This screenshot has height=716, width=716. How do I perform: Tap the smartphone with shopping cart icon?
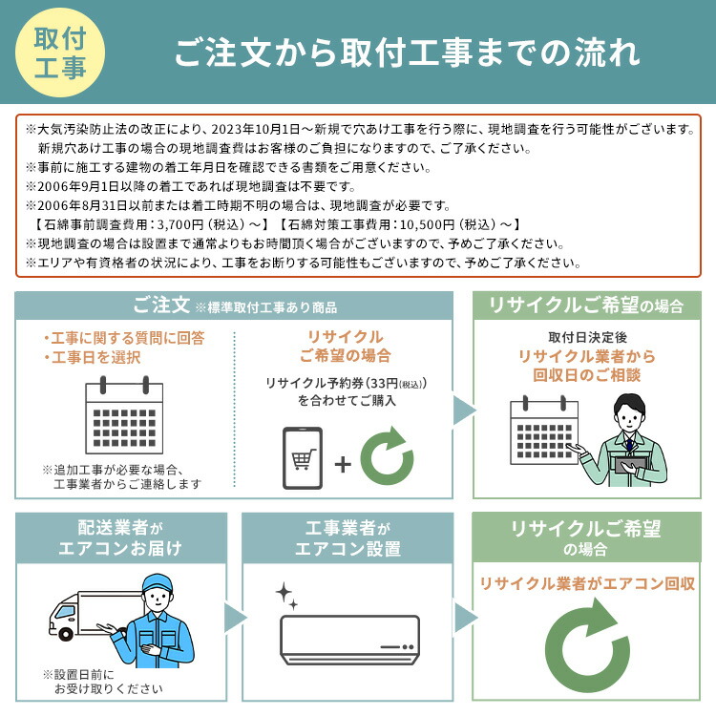pyautogui.click(x=303, y=460)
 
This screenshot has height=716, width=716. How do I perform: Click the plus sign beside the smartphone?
pyautogui.click(x=342, y=464)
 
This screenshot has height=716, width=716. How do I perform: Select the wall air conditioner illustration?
pyautogui.click(x=349, y=638)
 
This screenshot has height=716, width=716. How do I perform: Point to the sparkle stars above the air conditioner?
pyautogui.click(x=287, y=597)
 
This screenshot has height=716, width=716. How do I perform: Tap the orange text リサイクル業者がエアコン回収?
pyautogui.click(x=586, y=582)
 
